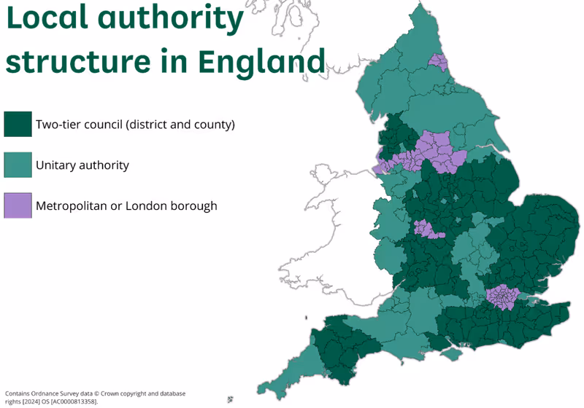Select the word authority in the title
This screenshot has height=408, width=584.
pyautogui.click(x=180, y=20)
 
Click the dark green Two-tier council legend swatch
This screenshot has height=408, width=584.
pyautogui.click(x=18, y=124)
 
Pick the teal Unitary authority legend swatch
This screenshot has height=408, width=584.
pyautogui.click(x=18, y=165)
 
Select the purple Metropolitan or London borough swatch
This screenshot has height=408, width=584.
pyautogui.click(x=18, y=205)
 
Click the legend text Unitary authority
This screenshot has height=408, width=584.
pyautogui.click(x=82, y=165)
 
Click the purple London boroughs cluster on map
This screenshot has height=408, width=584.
pyautogui.click(x=502, y=297)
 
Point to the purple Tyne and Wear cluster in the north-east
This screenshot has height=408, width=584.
pyautogui.click(x=439, y=62)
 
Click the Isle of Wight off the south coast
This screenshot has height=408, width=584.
pyautogui.click(x=453, y=354)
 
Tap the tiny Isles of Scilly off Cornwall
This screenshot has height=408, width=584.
pyautogui.click(x=231, y=399)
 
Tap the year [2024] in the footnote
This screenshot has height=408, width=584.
pyautogui.click(x=30, y=401)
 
